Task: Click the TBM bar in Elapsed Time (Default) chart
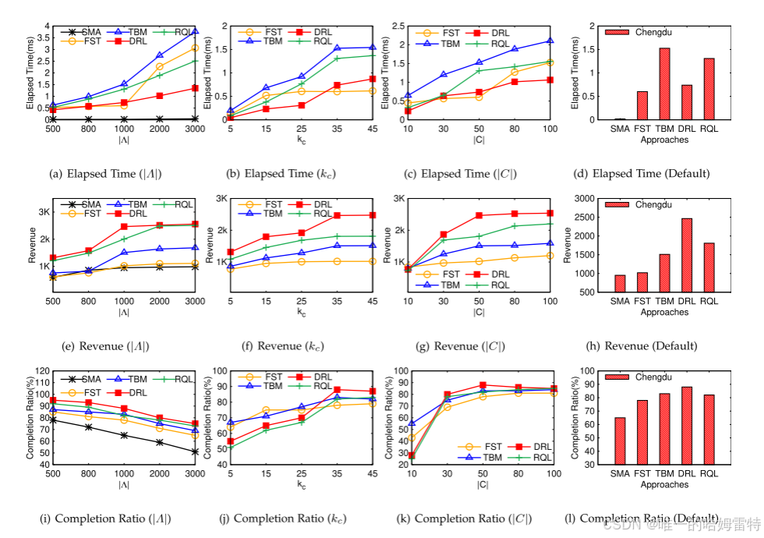[x=665, y=84]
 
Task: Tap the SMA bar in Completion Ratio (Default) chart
[x=620, y=441]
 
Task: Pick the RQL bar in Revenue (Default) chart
[x=709, y=267]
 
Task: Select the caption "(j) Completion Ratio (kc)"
[x=290, y=519]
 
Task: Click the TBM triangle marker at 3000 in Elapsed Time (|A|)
[x=194, y=31]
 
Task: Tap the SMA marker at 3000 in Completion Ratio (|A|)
[x=194, y=451]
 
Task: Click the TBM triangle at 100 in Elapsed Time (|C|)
[x=550, y=41]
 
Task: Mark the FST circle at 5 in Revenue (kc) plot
[x=231, y=269]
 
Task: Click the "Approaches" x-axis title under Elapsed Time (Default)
[x=664, y=140]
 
